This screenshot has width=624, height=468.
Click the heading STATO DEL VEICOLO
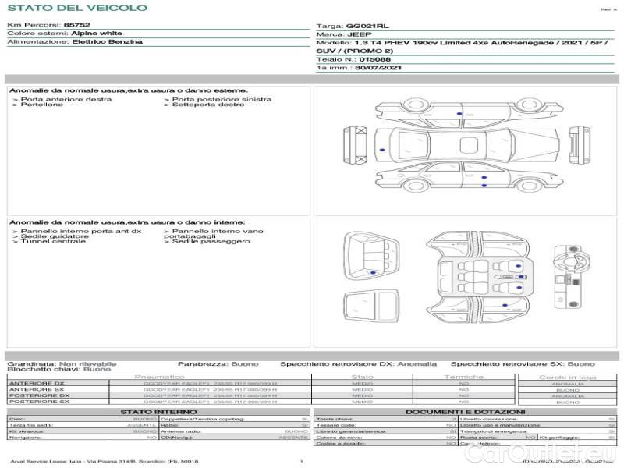pyautogui.click(x=76, y=8)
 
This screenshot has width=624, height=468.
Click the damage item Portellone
pyautogui.click(x=42, y=105)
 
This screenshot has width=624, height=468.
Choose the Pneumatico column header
pyautogui.click(x=159, y=377)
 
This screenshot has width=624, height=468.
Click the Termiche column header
pyautogui.click(x=463, y=377)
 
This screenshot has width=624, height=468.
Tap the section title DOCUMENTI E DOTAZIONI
pyautogui.click(x=465, y=411)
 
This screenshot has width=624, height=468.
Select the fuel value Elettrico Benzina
pyautogui.click(x=108, y=42)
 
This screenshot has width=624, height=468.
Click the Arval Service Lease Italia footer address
pyautogui.click(x=101, y=462)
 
